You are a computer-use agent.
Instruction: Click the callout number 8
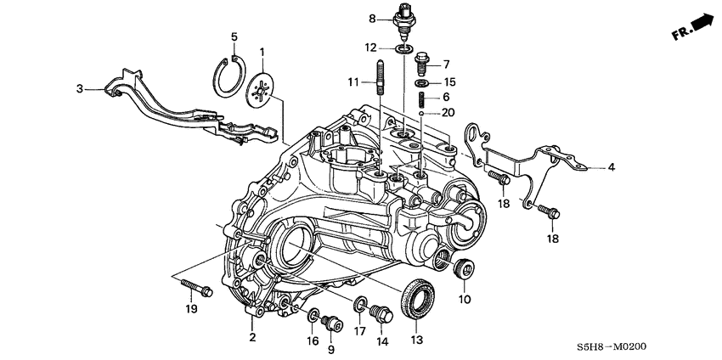pyautogui.click(x=371, y=18)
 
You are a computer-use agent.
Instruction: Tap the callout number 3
pyautogui.click(x=80, y=87)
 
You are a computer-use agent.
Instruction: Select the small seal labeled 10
pyautogui.click(x=465, y=270)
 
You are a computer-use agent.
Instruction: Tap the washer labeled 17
pyautogui.click(x=360, y=302)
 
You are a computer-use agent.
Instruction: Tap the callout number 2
pyautogui.click(x=252, y=338)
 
